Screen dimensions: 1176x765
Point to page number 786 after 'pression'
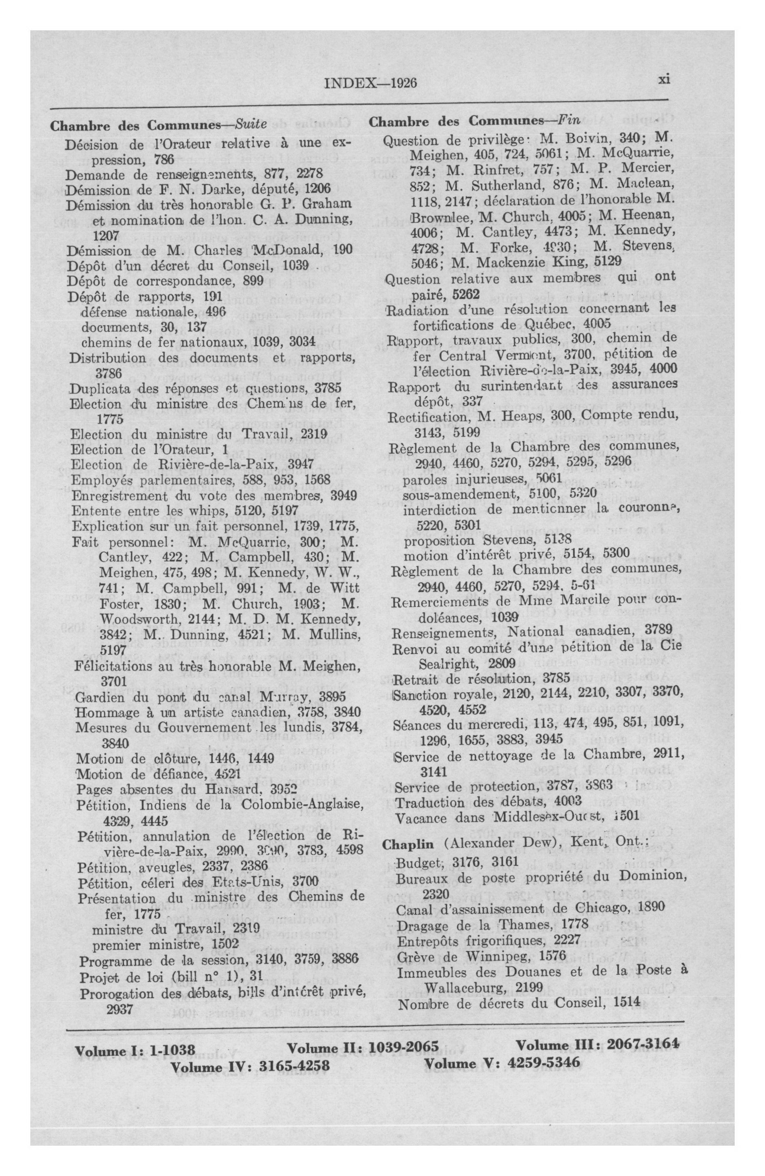164,160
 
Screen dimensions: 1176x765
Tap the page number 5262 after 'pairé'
466,295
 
